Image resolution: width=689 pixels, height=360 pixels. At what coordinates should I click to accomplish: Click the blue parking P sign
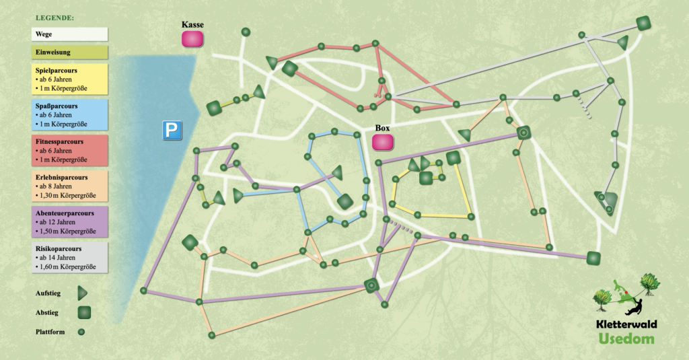tap(172, 131)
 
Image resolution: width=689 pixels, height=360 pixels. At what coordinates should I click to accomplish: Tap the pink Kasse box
tap(192, 38)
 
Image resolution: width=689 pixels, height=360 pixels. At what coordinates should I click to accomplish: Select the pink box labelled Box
tap(383, 143)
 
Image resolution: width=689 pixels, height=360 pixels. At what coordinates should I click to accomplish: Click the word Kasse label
tap(192, 25)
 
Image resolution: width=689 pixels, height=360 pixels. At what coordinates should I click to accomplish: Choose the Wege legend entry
tap(70, 34)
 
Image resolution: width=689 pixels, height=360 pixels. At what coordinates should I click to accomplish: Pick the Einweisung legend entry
tap(70, 52)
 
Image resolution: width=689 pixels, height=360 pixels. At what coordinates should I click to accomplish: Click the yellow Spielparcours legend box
tap(70, 79)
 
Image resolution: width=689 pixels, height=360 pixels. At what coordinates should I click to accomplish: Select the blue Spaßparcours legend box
tap(70, 115)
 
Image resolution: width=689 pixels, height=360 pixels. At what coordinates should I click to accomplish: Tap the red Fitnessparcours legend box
tap(70, 151)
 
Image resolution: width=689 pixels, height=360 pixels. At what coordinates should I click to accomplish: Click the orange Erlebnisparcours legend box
tap(70, 187)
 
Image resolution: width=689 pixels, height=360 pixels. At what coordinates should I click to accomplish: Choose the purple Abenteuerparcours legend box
tap(70, 223)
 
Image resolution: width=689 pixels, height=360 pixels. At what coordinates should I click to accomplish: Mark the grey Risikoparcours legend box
tap(70, 258)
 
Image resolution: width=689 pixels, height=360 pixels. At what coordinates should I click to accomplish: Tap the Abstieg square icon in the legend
tap(83, 312)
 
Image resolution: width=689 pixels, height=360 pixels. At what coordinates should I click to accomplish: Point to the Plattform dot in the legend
tap(81, 332)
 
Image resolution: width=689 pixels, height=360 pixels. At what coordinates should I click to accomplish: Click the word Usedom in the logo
tap(626, 338)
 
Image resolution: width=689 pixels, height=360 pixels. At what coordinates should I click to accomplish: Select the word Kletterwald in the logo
tap(626, 324)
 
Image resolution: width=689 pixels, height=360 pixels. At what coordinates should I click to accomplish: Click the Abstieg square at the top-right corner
tap(643, 24)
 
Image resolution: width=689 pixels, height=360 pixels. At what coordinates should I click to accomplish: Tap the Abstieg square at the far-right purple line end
tap(593, 258)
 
